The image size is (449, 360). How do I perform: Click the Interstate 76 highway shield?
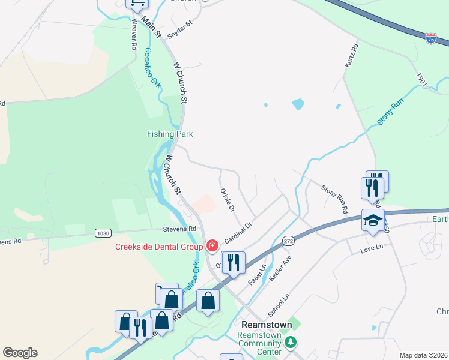tap(431, 38)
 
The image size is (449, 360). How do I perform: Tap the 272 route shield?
tap(288, 240)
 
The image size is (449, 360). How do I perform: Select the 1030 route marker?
tap(103, 233)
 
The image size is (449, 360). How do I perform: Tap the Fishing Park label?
tap(170, 134)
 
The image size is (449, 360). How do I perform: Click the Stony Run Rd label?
tap(334, 200)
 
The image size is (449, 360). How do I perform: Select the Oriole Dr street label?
tap(227, 201)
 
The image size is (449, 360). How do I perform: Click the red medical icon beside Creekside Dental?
tap(212, 245)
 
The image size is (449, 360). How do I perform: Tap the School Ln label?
tap(279, 305)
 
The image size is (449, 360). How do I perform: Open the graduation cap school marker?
tap(373, 221)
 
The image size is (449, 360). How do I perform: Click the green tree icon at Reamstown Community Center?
tap(291, 342)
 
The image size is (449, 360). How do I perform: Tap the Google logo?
tap(20, 353)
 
